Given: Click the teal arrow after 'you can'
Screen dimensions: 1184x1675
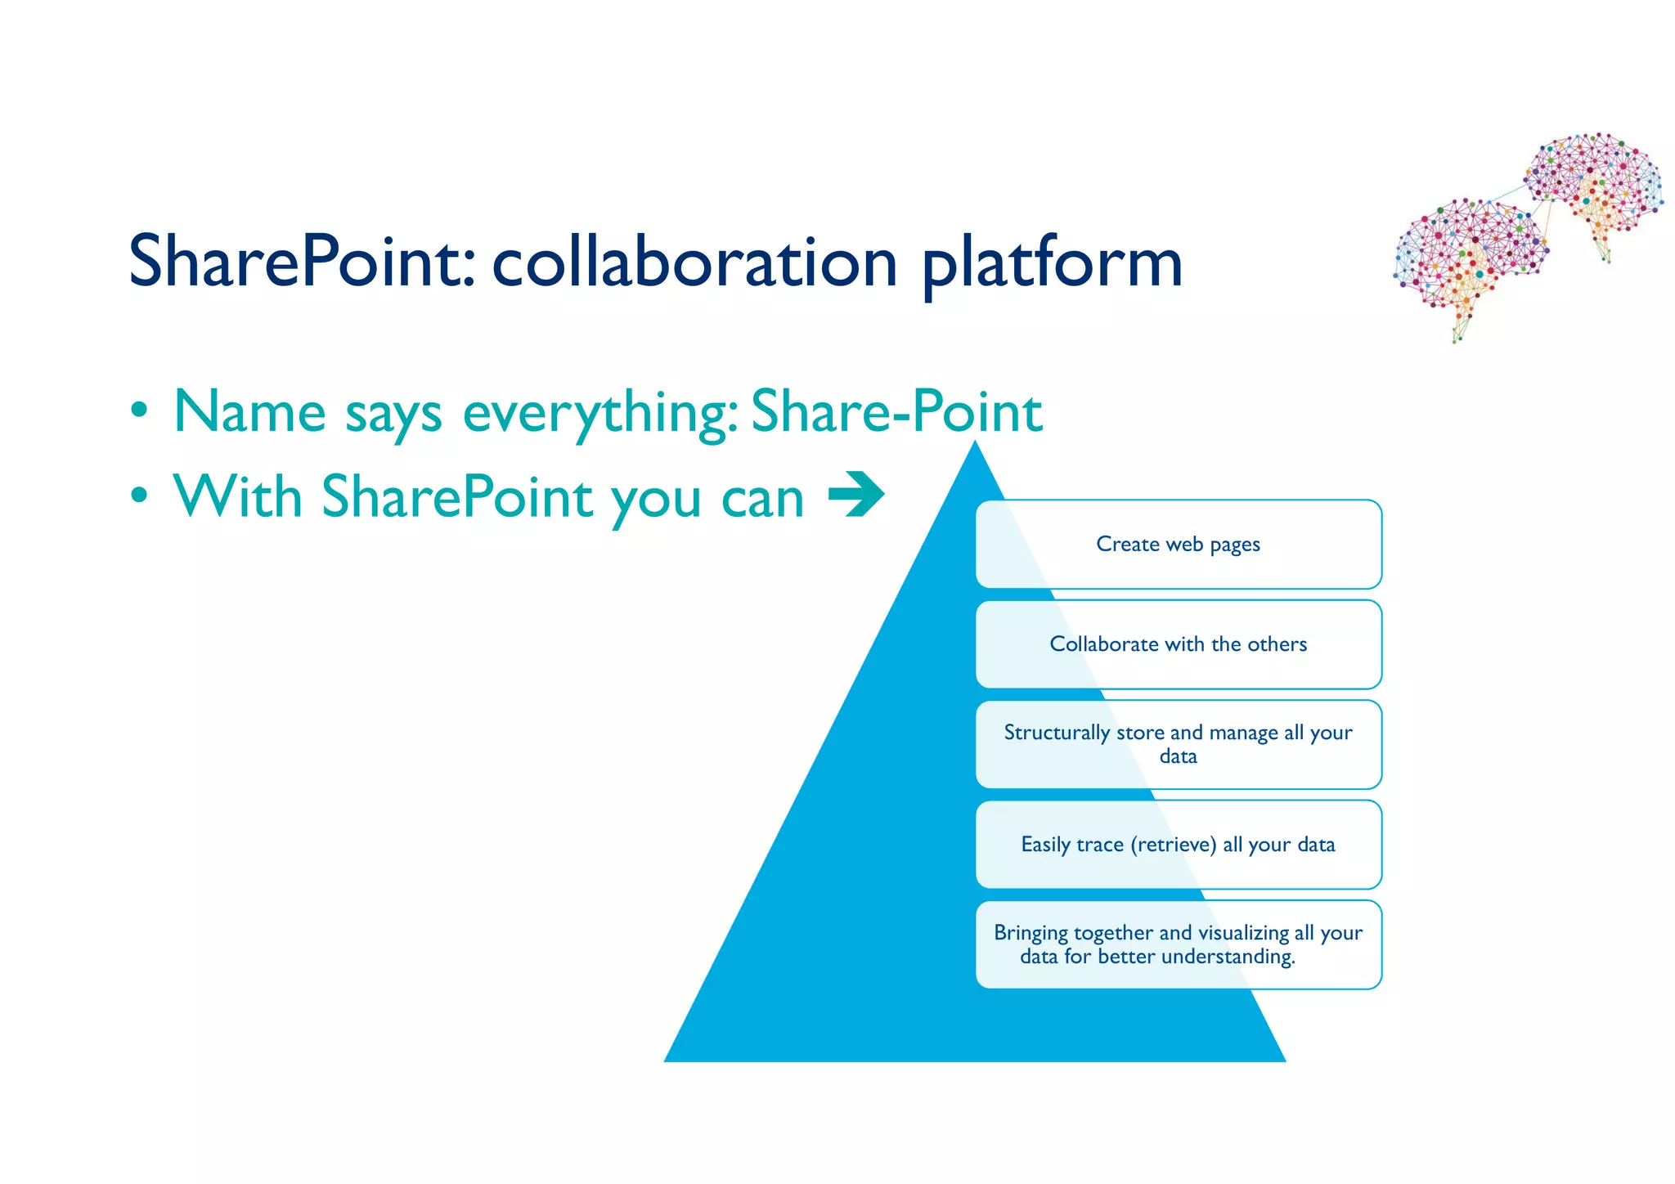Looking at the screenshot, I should coord(856,494).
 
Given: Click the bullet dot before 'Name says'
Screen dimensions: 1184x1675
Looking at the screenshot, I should coord(140,410).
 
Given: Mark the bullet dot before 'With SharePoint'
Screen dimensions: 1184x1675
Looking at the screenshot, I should coord(140,495).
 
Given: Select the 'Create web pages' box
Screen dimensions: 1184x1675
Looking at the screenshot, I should coord(1178,544).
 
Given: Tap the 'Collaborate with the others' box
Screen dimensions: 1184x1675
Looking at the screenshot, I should coord(1178,644).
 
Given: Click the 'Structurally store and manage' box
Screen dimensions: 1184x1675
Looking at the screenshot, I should coord(1178,744).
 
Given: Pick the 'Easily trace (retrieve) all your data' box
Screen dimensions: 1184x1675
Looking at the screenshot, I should coord(1178,845).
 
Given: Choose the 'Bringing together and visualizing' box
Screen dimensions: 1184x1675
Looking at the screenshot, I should coord(1178,944).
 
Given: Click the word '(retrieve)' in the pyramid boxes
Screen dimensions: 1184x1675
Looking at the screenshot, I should coord(1174,845).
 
